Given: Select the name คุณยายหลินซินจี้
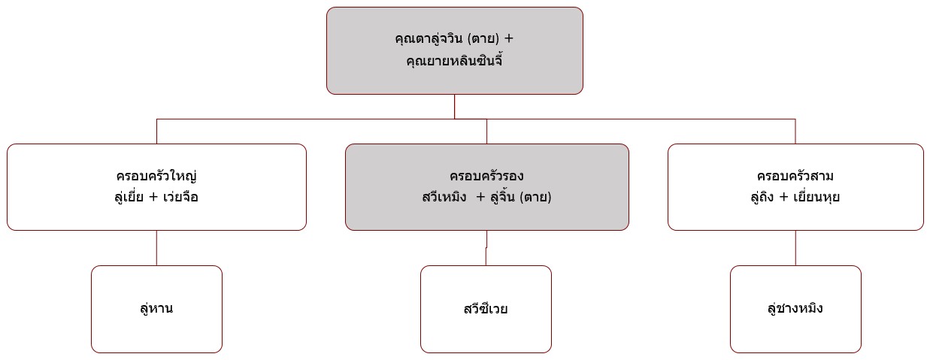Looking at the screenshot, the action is pos(454,61).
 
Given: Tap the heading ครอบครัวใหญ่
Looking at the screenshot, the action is pos(156,176).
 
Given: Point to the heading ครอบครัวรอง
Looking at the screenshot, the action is pos(486,176).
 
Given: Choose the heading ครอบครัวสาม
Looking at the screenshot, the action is pos(795,176).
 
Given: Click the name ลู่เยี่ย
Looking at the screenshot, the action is pos(129,196).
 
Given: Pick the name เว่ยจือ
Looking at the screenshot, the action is pos(180,196).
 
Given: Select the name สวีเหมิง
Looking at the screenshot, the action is pos(444,196).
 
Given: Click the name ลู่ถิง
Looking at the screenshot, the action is pos(762,196).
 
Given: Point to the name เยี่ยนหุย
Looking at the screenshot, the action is pos(816,196).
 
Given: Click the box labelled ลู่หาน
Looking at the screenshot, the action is pos(156,309).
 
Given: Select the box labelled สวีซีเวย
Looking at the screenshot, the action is pos(486,309).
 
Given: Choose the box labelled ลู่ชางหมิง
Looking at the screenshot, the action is pos(795,309).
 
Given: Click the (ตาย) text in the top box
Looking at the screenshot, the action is pos(483,39).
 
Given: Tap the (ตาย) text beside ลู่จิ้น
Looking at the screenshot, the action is pos(535,196).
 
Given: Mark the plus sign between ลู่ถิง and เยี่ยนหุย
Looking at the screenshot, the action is pos(783,197).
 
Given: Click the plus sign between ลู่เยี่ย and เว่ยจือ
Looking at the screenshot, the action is pos(153,197).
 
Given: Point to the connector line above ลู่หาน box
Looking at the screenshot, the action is pos(156,248).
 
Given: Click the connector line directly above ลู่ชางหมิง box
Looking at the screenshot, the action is pos(795,248).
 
